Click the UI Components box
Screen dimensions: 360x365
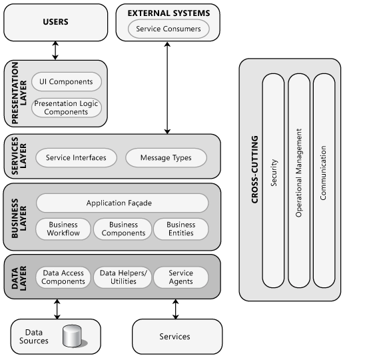[66, 82]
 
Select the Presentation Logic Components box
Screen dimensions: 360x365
[66, 107]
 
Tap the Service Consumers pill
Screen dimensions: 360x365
[163, 29]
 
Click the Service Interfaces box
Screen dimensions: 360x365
[76, 158]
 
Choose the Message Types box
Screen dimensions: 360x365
[166, 158]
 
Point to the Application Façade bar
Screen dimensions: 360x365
[122, 203]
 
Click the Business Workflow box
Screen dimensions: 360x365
[63, 229]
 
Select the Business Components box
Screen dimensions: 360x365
[123, 229]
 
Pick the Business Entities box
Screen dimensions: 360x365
[181, 229]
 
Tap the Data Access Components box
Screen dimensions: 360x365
[63, 277]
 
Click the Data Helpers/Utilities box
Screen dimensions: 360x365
[123, 277]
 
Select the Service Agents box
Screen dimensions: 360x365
[181, 277]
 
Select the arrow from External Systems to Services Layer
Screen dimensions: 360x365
[167, 87]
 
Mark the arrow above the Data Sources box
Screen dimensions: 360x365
[57, 309]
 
